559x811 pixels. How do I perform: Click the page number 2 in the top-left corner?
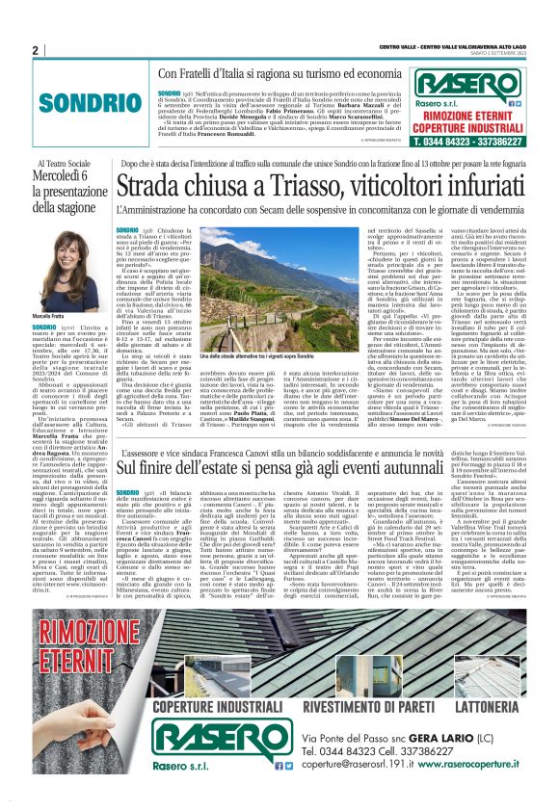coord(35,50)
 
